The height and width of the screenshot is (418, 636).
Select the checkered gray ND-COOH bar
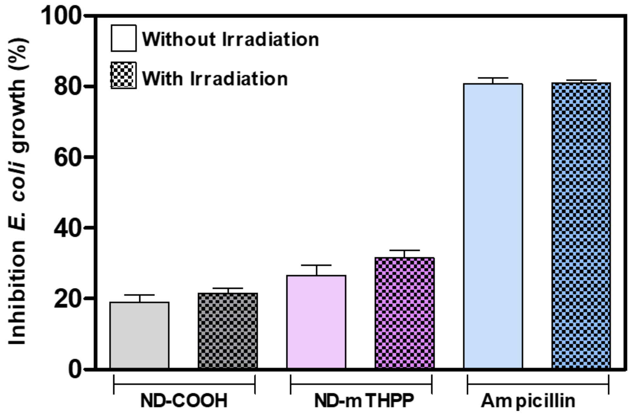coord(228,331)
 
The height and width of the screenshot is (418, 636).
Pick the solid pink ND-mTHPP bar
coord(316,322)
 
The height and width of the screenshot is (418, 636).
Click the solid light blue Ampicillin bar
coord(493,226)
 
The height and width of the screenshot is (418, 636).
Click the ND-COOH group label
coord(184,401)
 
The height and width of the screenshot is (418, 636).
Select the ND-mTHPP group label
coord(364,401)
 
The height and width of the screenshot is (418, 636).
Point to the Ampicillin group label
coord(528,401)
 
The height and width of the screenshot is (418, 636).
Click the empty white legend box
coord(124,38)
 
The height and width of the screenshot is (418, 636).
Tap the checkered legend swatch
coord(124,75)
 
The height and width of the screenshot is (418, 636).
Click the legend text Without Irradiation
coord(230,39)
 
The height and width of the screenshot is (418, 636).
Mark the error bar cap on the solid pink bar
coord(316,265)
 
